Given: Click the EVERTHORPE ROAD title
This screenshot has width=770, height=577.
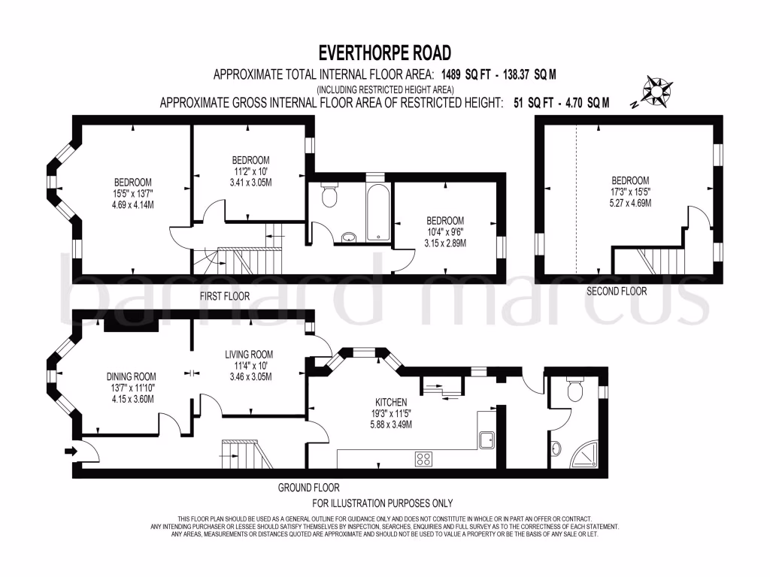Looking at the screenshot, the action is (385, 53).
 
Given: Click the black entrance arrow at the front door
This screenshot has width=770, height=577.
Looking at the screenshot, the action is (71, 451).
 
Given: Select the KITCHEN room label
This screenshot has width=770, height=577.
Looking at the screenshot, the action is (391, 403).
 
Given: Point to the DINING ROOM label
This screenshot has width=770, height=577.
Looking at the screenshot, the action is (131, 377).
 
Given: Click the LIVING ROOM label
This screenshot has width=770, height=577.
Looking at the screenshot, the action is (249, 355).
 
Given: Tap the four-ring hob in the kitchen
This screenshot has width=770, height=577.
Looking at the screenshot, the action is (424, 459).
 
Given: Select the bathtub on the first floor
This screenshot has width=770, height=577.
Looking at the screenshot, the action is (377, 213).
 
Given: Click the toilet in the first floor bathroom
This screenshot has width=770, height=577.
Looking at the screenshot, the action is (329, 195).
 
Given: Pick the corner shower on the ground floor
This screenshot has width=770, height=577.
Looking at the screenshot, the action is (584, 454).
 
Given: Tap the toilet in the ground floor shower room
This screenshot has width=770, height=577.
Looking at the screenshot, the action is (574, 389).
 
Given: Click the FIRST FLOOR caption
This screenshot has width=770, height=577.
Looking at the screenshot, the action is (224, 296).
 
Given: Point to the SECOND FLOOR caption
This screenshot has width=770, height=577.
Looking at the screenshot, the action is (617, 292).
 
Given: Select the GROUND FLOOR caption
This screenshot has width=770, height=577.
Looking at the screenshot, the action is (308, 488).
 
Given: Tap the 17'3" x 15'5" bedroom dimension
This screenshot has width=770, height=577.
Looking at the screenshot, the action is (630, 192).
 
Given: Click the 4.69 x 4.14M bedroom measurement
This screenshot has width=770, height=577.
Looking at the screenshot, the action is (132, 204).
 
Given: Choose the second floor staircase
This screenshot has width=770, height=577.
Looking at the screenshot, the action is (649, 261).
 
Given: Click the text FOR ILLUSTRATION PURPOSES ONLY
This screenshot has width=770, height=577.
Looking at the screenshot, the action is (383, 503).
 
